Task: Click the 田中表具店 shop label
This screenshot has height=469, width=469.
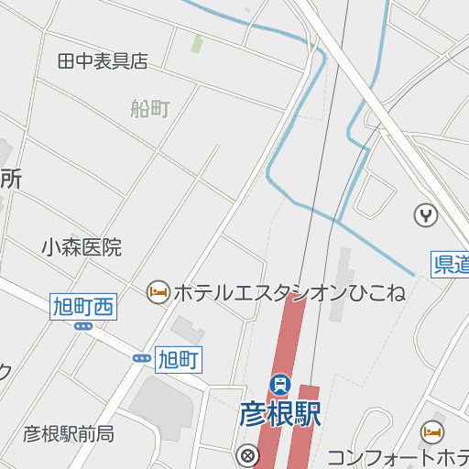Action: point(102,61)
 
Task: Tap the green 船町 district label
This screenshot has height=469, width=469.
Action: point(150,110)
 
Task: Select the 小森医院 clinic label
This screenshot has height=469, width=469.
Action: point(81,247)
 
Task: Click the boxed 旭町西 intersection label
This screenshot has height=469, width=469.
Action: point(82,307)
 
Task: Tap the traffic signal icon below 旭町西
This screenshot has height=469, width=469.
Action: point(83,326)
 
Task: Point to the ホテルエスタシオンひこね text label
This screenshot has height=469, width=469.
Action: point(289,293)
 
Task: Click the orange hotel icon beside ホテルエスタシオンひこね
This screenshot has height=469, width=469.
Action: point(158,292)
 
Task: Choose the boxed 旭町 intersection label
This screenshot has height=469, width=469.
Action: point(178,358)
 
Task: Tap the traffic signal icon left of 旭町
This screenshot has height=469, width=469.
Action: point(142,358)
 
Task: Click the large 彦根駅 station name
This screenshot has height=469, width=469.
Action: point(280,413)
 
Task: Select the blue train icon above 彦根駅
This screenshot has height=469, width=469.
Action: point(279,384)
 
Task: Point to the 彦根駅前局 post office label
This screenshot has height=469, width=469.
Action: point(69,433)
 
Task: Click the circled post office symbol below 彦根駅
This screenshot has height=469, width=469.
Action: point(246,454)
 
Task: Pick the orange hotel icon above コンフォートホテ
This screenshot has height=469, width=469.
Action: point(431,431)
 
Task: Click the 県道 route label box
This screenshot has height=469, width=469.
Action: point(450,265)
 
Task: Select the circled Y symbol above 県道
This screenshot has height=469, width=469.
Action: point(426,215)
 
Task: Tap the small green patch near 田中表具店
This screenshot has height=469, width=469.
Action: point(197,43)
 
